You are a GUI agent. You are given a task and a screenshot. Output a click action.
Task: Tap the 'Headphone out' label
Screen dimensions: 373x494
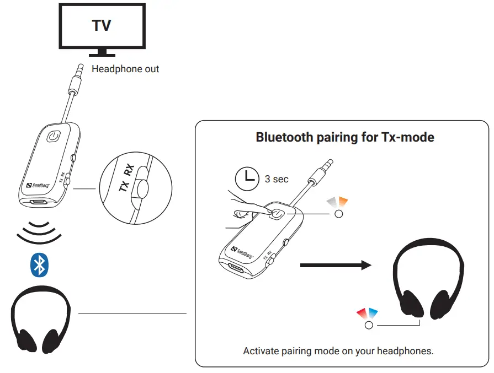125,69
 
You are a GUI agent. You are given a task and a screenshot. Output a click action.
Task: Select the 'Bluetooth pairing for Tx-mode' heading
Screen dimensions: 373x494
345,137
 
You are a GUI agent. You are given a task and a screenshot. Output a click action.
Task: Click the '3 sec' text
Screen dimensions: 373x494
277,179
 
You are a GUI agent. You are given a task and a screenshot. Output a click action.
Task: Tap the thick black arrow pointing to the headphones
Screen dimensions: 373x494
334,266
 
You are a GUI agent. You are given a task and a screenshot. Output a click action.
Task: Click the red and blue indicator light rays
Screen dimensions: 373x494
366,313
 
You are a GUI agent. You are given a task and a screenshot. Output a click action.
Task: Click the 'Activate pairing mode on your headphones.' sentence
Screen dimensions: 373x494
338,351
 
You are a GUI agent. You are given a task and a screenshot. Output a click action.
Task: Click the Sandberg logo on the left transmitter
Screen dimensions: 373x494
38,186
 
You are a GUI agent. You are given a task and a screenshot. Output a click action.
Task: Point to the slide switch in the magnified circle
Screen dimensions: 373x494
143,188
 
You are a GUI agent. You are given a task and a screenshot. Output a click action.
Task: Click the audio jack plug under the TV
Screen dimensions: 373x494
75,83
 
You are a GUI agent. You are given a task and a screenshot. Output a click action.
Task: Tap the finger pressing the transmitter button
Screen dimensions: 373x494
248,210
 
